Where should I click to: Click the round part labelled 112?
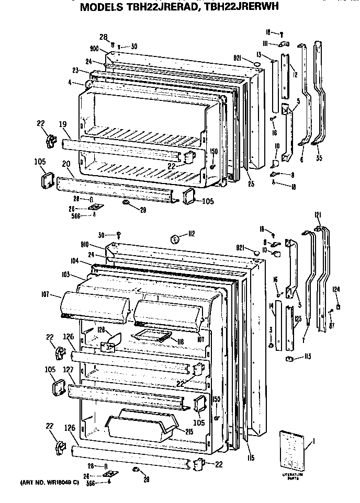tap(176, 239)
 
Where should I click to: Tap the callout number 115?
tap(251, 458)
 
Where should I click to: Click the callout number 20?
tap(66, 164)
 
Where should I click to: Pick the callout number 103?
tap(65, 273)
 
